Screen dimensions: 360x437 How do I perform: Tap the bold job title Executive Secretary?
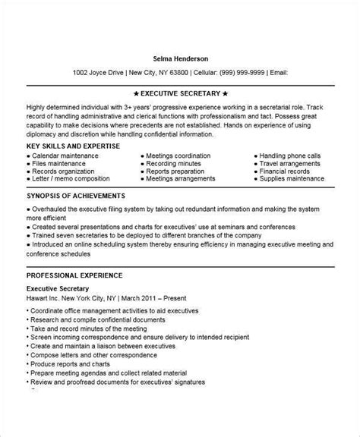click(x=59, y=289)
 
